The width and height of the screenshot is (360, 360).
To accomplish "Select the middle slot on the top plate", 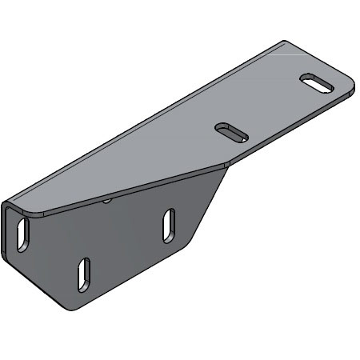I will pyautogui.click(x=230, y=130).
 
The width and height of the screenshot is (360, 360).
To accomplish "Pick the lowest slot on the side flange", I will pyautogui.click(x=83, y=274).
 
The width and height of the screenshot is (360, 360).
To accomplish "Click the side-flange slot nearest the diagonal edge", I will pyautogui.click(x=168, y=225).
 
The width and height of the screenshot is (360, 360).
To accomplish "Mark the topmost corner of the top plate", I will pyautogui.click(x=284, y=41).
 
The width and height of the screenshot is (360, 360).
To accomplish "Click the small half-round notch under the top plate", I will pyautogui.click(x=106, y=201).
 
